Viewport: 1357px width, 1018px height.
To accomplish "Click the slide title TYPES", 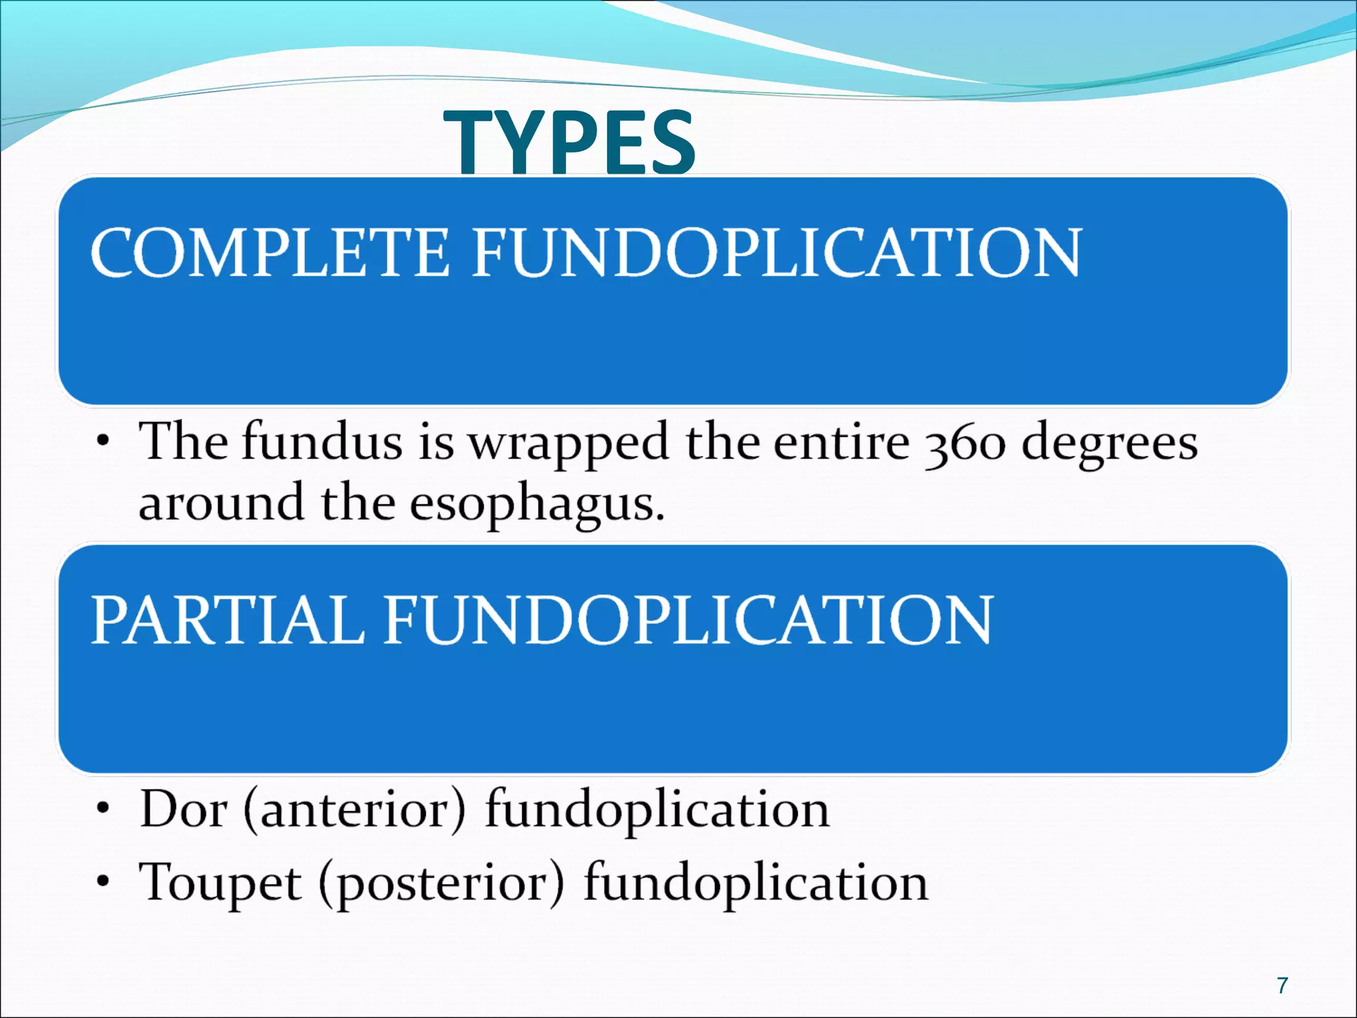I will point(570,142).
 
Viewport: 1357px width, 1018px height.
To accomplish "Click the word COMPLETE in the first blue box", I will point(270,253).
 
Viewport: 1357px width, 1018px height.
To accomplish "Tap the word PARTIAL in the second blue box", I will point(227,620).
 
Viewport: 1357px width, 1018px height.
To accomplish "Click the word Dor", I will point(184,810).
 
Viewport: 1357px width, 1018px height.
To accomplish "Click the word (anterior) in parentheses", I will point(355,810).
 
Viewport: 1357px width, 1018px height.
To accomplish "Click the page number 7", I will point(1283,986).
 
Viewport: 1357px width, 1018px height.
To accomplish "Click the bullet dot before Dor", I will point(103,809).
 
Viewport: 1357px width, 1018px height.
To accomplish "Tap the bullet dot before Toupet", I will point(103,882).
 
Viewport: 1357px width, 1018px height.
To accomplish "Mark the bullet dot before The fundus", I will point(103,441).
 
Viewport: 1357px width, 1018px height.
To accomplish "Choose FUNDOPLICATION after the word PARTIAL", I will point(688,620).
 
